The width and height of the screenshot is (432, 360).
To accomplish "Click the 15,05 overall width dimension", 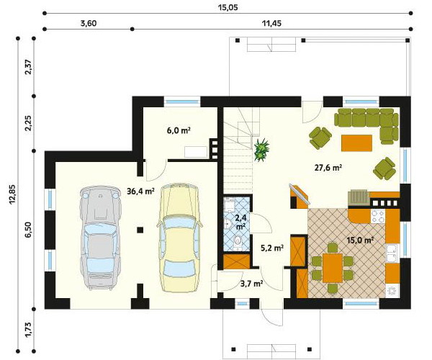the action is pyautogui.click(x=228, y=7).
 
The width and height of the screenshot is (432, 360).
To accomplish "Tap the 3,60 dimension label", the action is pyautogui.click(x=89, y=24).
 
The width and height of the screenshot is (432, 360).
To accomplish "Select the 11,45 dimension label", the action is pyautogui.click(x=271, y=24).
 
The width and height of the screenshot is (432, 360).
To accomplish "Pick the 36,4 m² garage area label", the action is pyautogui.click(x=140, y=191).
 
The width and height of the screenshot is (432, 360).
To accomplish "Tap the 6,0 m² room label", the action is pyautogui.click(x=179, y=130).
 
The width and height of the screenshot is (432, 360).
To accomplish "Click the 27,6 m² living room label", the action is pyautogui.click(x=328, y=167).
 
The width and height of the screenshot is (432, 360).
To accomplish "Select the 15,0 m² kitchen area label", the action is pyautogui.click(x=360, y=240).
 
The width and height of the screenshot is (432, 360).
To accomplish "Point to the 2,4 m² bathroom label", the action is pyautogui.click(x=240, y=222).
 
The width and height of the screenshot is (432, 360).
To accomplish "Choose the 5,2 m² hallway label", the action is pyautogui.click(x=272, y=248).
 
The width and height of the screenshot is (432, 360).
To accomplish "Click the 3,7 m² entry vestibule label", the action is pyautogui.click(x=251, y=284).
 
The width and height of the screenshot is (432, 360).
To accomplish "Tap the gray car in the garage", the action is pyautogui.click(x=101, y=238).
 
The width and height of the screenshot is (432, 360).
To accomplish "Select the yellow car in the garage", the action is pyautogui.click(x=179, y=238).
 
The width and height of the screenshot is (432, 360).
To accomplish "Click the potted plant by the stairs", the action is pyautogui.click(x=261, y=150).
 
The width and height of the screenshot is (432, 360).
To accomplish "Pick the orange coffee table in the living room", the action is pyautogui.click(x=357, y=143).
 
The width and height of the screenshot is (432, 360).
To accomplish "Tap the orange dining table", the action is pyautogui.click(x=333, y=268).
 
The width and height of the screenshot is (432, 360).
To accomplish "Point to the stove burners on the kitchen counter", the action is pyautogui.click(x=378, y=216).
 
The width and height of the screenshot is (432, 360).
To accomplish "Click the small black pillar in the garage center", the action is pyautogui.click(x=140, y=230).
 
